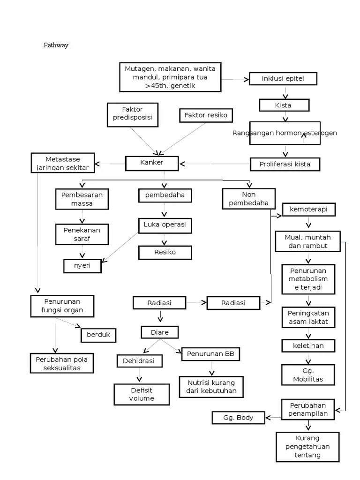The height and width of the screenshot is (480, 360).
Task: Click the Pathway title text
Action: click(56, 45)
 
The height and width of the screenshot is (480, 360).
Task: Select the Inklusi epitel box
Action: click(283, 78)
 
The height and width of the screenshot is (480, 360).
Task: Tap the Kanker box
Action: click(151, 163)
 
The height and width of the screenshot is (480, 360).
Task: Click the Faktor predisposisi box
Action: click(133, 114)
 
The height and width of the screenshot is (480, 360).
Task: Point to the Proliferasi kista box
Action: click(284, 164)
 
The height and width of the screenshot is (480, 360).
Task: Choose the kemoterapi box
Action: click(308, 209)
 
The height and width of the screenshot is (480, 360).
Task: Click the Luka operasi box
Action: click(165, 225)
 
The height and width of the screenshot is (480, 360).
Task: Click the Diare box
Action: click(159, 333)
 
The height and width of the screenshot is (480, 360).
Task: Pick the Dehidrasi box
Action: click(139, 361)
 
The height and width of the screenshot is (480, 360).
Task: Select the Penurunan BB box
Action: click(210, 354)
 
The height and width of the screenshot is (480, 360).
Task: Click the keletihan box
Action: click(308, 346)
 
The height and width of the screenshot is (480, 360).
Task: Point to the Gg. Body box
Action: click(239, 417)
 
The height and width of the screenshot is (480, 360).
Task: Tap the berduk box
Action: click(98, 335)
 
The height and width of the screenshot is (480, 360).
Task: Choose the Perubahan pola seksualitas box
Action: click(62, 363)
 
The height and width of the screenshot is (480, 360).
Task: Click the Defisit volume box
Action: click(141, 394)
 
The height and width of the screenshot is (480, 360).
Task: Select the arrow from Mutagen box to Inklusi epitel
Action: click(234, 80)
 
